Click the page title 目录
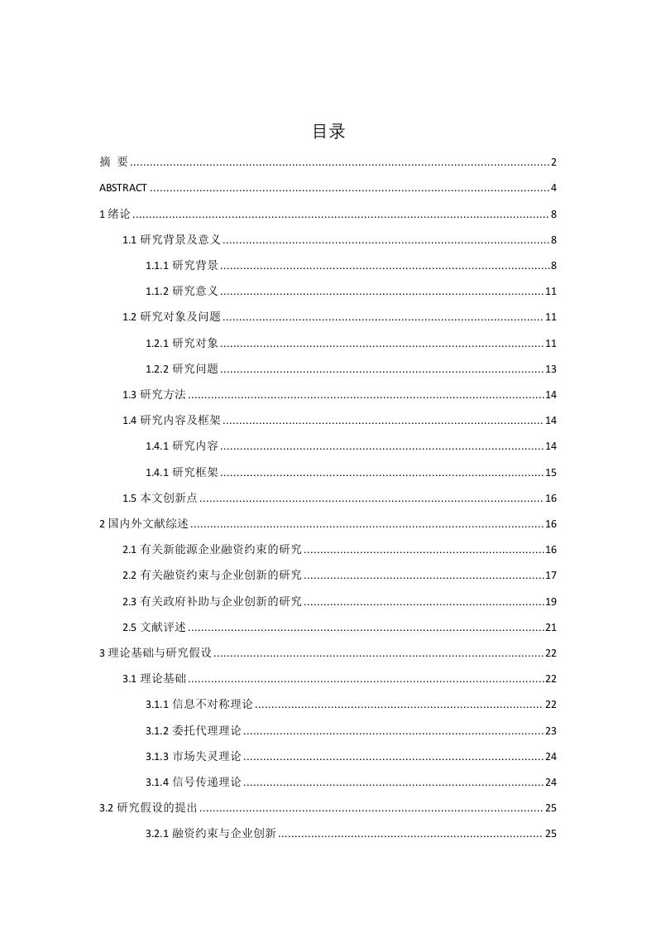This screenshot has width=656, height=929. (x=328, y=132)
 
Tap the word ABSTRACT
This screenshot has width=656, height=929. (x=123, y=188)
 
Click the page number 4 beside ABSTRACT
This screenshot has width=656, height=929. (x=553, y=188)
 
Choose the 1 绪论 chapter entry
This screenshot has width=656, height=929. (x=115, y=214)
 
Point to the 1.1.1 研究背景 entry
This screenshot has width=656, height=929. (x=182, y=266)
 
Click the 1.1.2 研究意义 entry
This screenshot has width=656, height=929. (x=182, y=291)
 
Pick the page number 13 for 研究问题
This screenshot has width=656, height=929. (x=550, y=369)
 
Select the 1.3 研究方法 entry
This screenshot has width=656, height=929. (x=154, y=395)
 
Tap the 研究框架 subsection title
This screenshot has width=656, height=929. (x=195, y=473)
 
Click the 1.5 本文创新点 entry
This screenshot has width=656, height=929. (x=160, y=498)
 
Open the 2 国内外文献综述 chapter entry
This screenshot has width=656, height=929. (x=144, y=524)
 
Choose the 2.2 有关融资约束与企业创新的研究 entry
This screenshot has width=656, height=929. (x=212, y=575)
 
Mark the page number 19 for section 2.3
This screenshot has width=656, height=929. (x=550, y=601)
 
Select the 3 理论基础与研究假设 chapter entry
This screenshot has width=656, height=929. (x=156, y=653)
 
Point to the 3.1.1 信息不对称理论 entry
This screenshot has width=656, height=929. (x=199, y=705)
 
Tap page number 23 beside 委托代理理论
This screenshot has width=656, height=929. (x=550, y=731)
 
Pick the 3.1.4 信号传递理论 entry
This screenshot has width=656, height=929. (x=194, y=782)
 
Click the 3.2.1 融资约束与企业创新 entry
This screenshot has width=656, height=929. (x=211, y=834)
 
